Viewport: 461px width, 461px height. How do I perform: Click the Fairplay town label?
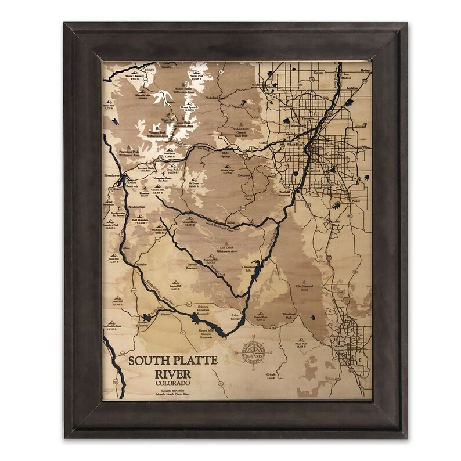tap(142, 265)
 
